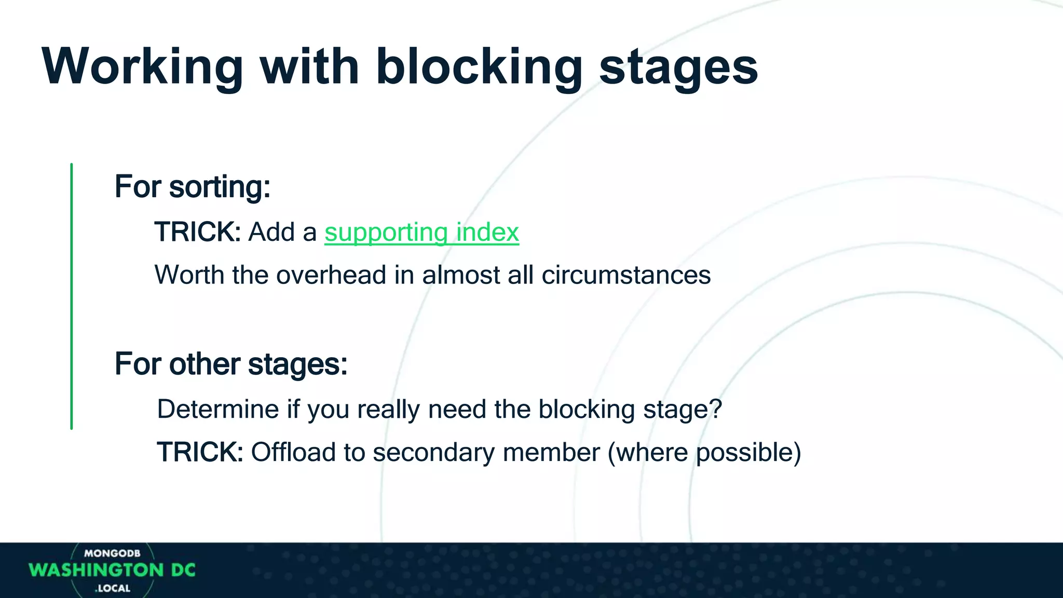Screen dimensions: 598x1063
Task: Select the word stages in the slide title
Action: [x=678, y=67]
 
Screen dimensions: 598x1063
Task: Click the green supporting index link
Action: [x=421, y=232]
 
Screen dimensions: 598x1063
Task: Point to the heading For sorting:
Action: [x=193, y=186]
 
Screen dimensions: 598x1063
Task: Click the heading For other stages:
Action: [x=231, y=364]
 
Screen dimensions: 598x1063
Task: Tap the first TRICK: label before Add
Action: [x=197, y=232]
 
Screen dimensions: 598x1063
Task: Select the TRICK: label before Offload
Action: [x=200, y=452]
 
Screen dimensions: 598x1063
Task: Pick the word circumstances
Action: [x=626, y=275]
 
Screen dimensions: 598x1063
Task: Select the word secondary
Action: [x=433, y=453]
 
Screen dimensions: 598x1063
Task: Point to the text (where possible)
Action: [x=704, y=453]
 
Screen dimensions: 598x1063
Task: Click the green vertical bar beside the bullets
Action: [x=71, y=296]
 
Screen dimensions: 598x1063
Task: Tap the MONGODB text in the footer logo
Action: [x=112, y=553]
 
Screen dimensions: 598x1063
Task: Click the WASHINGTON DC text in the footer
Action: [x=112, y=570]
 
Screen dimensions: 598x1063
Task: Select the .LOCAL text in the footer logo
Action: [x=113, y=588]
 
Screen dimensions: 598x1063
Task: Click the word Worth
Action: [x=189, y=275]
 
